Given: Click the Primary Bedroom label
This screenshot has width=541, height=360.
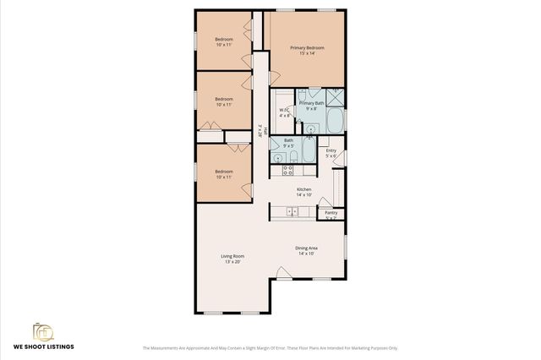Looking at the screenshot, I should click(308, 48).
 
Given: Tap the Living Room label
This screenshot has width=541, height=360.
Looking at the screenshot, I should click(232, 256).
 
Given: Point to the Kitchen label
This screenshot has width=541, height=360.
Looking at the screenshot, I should click(303, 189).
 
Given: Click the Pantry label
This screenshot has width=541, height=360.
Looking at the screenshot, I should click(331, 213).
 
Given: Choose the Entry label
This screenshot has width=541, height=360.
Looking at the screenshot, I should click(331, 150).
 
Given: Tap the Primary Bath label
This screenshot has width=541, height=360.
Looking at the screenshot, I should click(311, 103).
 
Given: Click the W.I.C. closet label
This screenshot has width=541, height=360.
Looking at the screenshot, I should click(284, 111).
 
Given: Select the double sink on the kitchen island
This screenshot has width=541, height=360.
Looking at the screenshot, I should click(292, 210).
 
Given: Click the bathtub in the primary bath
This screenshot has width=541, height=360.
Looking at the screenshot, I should click(334, 121).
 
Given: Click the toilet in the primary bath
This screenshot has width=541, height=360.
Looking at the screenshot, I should click(314, 92).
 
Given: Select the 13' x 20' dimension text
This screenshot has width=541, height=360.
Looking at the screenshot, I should click(232, 262).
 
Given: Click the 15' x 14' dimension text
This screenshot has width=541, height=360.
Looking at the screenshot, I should click(308, 54).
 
